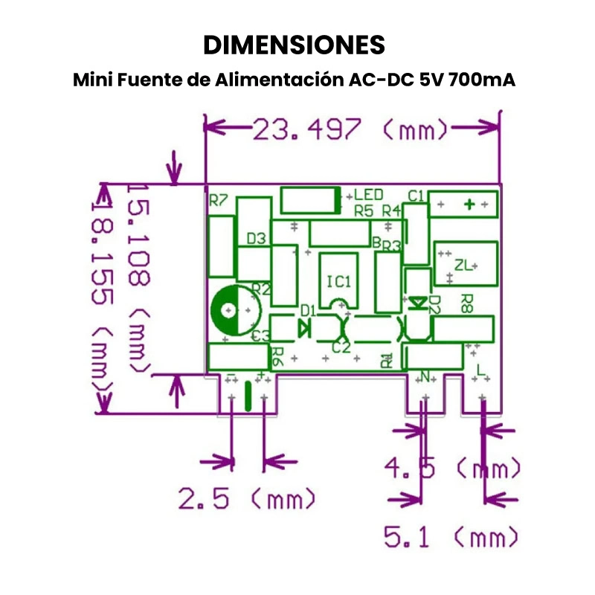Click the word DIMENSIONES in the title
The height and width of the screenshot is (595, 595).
click(x=295, y=45)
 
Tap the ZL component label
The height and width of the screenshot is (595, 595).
click(x=463, y=265)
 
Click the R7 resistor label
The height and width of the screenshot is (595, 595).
click(x=219, y=200)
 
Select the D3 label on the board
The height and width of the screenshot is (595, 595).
click(x=257, y=239)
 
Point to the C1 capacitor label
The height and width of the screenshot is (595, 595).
click(x=416, y=196)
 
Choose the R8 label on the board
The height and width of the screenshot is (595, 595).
click(x=467, y=301)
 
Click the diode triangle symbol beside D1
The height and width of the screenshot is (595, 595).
click(x=304, y=327)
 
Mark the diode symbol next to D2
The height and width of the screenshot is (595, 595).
click(x=418, y=302)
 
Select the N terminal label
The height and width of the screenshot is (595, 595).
click(x=426, y=373)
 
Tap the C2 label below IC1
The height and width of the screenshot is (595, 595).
click(x=340, y=347)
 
